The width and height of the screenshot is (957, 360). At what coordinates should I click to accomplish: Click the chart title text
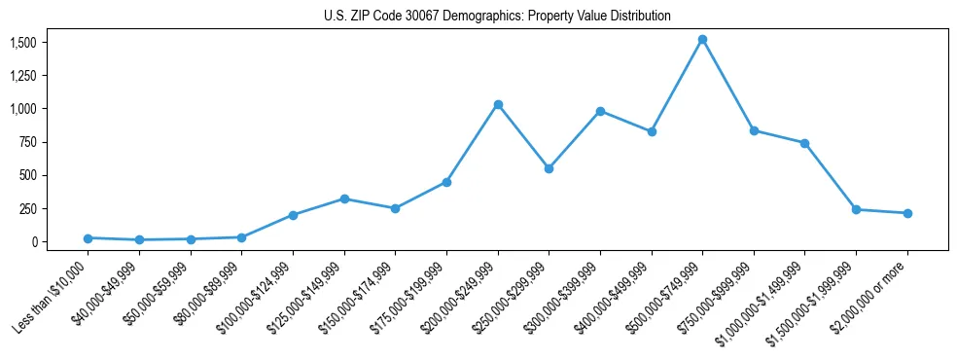(497, 17)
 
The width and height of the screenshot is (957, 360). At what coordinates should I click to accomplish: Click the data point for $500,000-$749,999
(702, 40)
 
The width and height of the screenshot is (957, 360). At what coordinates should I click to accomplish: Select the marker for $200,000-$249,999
(498, 104)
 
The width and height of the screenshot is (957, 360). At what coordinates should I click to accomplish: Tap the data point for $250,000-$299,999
(549, 168)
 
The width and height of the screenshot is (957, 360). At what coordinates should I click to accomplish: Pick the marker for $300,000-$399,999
(600, 111)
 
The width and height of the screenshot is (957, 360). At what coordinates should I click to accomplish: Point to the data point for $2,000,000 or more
(907, 213)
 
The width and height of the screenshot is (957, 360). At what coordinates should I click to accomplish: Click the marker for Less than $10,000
(88, 238)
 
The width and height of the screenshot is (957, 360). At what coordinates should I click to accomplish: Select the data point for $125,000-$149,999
(344, 198)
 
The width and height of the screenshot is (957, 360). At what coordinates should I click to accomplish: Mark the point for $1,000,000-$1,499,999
(804, 143)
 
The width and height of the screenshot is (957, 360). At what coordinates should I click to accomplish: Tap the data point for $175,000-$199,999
(446, 182)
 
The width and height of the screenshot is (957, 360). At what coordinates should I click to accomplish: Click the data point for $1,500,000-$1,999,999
(856, 209)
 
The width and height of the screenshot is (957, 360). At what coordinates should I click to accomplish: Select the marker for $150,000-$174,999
(395, 208)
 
